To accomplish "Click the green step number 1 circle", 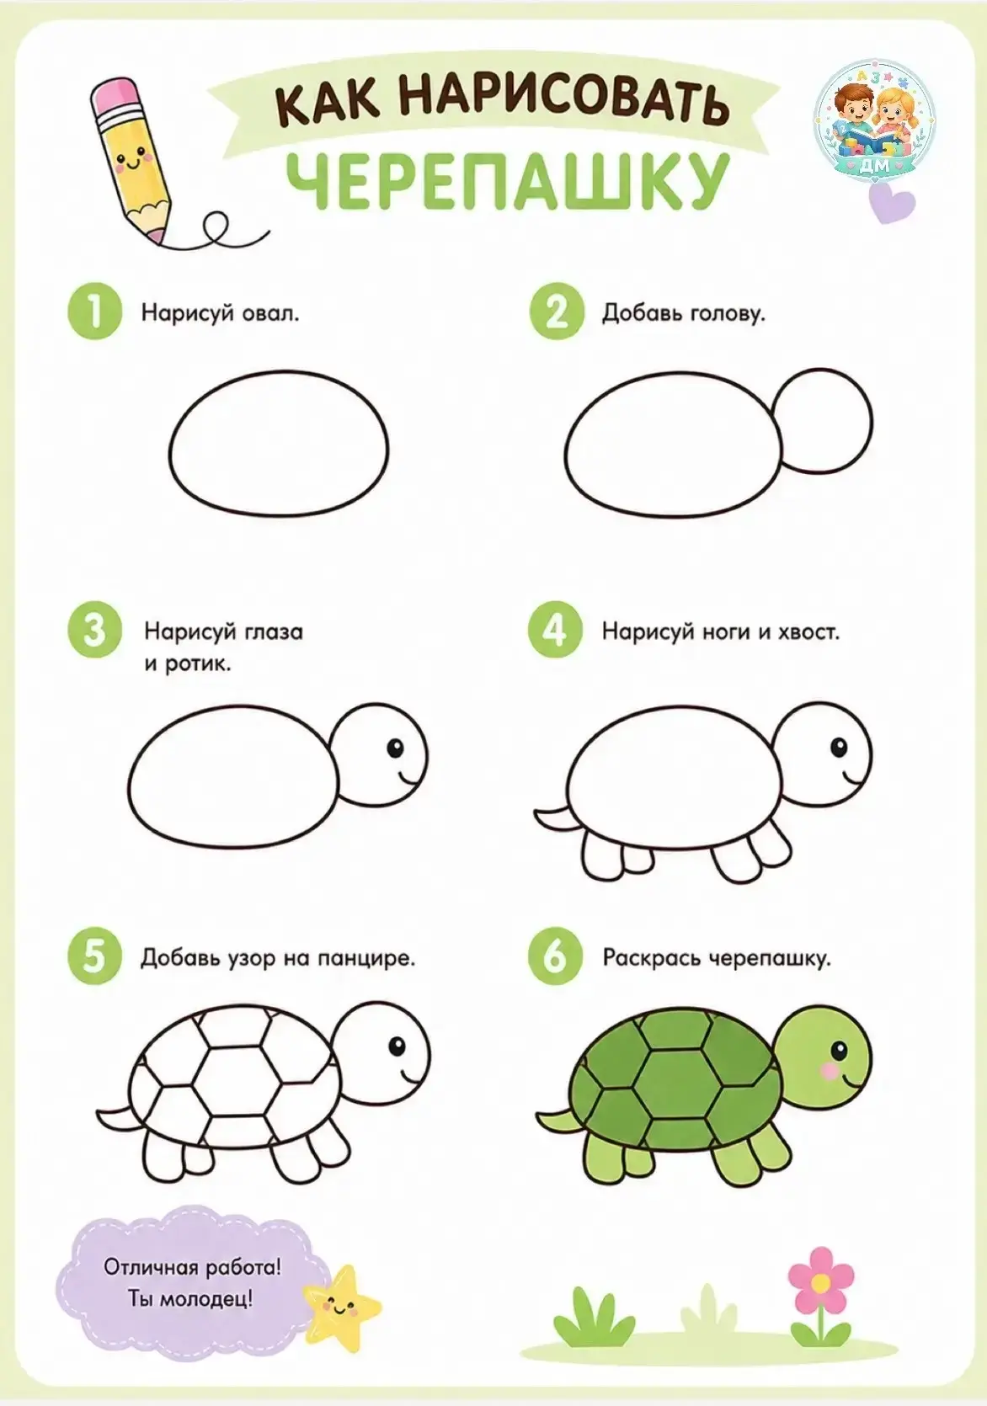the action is pos(94,312).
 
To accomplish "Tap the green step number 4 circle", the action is pos(555,631).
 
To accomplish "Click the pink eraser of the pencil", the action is pos(117,93).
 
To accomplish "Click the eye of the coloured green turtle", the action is pos(839,1048).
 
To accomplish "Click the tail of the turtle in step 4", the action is pos(552,814).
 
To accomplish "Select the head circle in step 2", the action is pos(822,420).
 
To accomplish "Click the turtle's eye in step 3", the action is pos(396,748).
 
